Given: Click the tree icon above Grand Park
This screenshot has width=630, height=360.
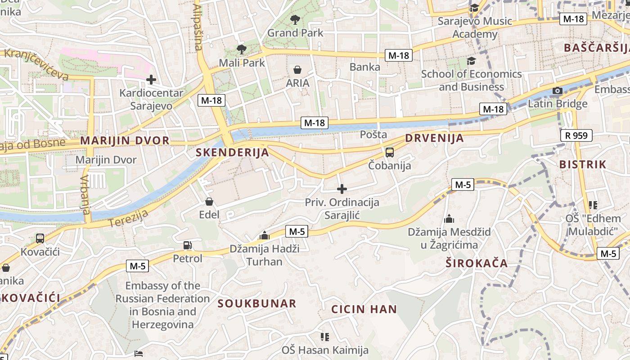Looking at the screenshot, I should click(295, 19).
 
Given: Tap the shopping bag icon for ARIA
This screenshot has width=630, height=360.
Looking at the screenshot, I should click(297, 70).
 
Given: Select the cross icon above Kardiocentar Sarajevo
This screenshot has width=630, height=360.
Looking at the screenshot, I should click(151, 80).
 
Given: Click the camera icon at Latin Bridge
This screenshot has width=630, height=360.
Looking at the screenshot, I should click(558, 91).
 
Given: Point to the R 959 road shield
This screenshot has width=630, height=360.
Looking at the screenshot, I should click(576, 135).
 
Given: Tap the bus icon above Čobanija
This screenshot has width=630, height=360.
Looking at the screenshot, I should click(390, 152).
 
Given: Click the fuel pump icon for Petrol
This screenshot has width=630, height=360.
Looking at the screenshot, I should click(188, 245).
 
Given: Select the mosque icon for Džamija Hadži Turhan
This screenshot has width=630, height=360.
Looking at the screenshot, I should click(265, 235).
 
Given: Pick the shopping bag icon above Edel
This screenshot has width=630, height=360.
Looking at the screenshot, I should click(209, 201).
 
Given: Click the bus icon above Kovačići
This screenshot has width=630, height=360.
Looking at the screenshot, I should click(40, 238).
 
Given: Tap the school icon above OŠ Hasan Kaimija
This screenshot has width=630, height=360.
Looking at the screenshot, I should click(325, 337).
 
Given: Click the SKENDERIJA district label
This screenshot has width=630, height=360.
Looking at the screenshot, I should click(232, 153).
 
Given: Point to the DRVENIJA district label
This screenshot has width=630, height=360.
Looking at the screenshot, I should click(434, 138).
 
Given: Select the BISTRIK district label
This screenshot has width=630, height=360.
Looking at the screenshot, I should click(583, 165).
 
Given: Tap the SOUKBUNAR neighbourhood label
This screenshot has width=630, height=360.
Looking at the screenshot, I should click(257, 304).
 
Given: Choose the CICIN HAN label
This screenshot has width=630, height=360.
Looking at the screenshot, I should click(364, 310).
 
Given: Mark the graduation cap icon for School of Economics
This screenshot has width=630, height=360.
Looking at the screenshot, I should click(471, 61).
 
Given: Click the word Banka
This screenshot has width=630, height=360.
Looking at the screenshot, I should click(365, 67).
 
